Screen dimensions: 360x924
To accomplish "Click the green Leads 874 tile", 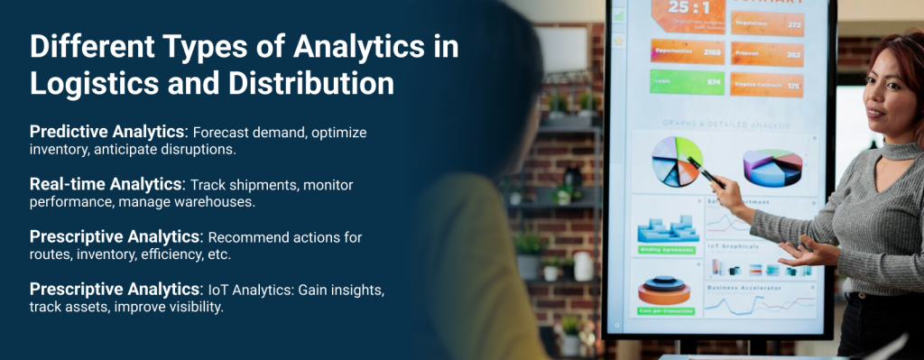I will point(687,82).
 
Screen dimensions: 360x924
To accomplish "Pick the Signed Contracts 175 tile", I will point(766,85).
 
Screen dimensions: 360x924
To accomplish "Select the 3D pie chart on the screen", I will point(772,168).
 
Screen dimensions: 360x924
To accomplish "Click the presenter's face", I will point(889,95).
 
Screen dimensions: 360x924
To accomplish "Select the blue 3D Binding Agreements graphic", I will point(667,229).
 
